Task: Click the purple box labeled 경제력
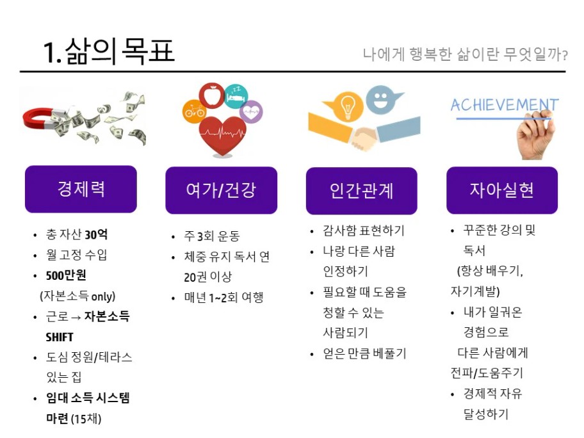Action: click(x=81, y=189)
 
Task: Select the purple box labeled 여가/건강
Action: click(x=221, y=190)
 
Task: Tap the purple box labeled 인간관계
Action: click(x=362, y=191)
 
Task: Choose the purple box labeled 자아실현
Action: click(x=502, y=190)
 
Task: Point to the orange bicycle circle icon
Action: click(x=193, y=111)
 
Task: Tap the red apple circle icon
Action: click(x=211, y=95)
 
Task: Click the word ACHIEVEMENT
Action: click(x=505, y=105)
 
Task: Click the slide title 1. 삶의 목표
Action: click(x=109, y=51)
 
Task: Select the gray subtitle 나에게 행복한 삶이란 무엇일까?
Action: click(x=465, y=54)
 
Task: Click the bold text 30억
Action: click(x=96, y=234)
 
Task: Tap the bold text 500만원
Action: click(x=66, y=275)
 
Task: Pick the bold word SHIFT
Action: click(x=60, y=337)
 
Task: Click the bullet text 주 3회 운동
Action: click(x=212, y=236)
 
